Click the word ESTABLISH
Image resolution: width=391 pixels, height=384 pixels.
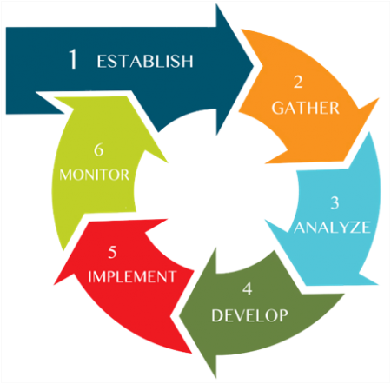145,61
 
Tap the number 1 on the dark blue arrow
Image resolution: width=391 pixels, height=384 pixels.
73,59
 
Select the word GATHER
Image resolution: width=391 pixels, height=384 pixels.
305,108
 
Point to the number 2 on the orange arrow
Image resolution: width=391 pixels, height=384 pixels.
298,82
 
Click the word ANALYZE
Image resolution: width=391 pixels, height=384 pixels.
332,228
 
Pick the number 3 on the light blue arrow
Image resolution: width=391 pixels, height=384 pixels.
335,203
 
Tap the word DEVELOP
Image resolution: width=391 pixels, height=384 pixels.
249,315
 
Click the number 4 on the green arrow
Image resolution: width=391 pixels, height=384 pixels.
248,289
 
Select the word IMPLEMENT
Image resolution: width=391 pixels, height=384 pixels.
132,276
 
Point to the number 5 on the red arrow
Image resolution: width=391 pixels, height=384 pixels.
112,252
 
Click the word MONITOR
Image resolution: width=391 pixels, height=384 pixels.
94,175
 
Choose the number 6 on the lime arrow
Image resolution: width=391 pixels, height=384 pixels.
98,150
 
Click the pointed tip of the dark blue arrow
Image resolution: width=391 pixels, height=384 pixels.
254,67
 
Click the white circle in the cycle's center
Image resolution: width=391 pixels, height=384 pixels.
215,191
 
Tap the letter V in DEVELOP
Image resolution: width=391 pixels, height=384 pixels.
240,315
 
